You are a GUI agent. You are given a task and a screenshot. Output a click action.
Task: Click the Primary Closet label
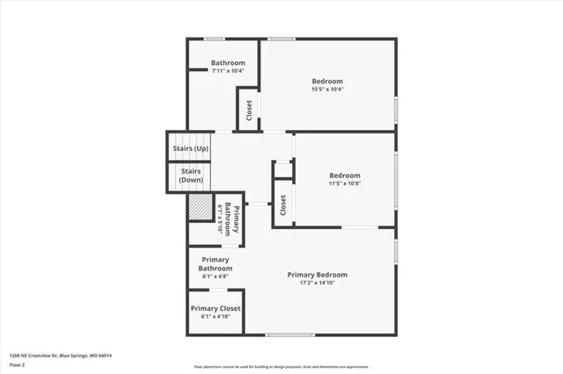tap(216, 308)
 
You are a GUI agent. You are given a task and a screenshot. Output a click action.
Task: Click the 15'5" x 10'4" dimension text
tap(326, 89)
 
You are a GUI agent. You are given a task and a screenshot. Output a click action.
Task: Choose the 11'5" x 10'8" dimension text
tap(345, 183)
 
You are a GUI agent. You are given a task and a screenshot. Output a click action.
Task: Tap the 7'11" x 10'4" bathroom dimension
tap(228, 71)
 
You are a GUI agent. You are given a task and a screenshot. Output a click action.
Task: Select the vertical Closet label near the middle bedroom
tap(283, 205)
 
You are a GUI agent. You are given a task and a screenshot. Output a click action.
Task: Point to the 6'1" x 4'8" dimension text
tap(216, 277)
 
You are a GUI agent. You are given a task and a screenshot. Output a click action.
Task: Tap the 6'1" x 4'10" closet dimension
tap(216, 317)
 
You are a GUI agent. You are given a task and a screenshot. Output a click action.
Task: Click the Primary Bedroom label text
tap(318, 274)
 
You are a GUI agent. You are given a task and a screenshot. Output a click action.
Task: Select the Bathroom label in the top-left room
tap(228, 63)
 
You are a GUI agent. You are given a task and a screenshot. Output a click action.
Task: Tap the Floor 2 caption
tap(18, 363)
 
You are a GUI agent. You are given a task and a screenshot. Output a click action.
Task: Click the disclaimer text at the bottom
tap(281, 366)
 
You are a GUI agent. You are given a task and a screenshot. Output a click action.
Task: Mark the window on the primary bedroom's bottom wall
tap(290, 334)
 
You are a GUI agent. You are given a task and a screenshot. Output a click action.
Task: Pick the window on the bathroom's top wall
tap(216, 39)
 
